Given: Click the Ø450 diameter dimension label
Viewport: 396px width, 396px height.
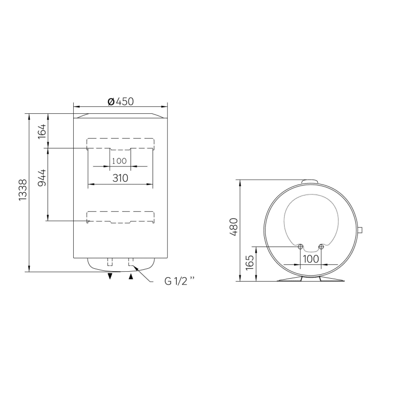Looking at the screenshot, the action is (x=120, y=101).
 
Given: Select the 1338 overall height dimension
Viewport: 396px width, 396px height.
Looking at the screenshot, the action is (x=23, y=190).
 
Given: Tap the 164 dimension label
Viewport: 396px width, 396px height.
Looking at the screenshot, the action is (x=42, y=131).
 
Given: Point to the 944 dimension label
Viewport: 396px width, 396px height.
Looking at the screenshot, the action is (x=42, y=178).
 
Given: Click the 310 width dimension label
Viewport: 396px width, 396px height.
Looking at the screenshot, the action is (x=120, y=178).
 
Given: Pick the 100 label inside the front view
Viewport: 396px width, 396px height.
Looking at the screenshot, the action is (x=119, y=161).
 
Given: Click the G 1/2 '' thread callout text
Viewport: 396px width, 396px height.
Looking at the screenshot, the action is (x=180, y=281).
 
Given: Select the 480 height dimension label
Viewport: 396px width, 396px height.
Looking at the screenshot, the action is (x=234, y=227).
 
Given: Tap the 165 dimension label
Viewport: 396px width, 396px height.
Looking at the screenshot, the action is (x=249, y=262).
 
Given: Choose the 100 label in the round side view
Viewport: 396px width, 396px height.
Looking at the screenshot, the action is (x=311, y=259).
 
